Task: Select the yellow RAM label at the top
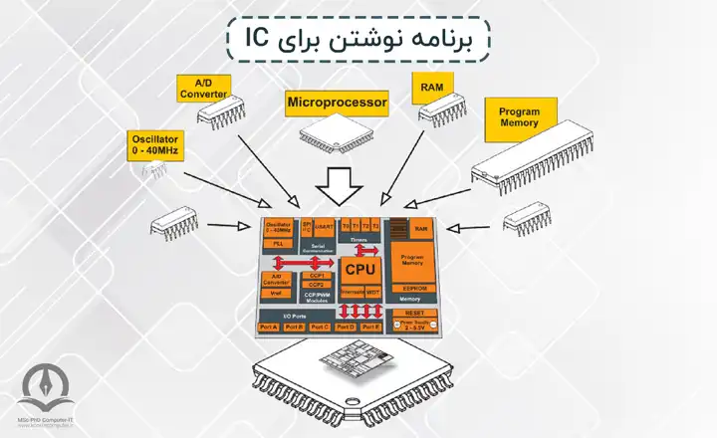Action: [x=432, y=88]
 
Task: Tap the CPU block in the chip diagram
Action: [x=358, y=269]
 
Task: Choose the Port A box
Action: [x=268, y=328]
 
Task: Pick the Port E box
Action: [x=370, y=328]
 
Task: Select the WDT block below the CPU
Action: [x=372, y=292]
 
